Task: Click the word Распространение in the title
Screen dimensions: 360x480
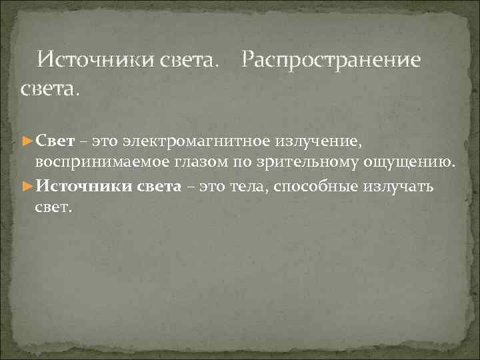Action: click(331, 61)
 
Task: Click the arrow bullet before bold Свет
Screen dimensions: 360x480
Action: click(27, 141)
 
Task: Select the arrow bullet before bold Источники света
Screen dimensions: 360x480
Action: click(27, 185)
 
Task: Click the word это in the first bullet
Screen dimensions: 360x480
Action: click(105, 141)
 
